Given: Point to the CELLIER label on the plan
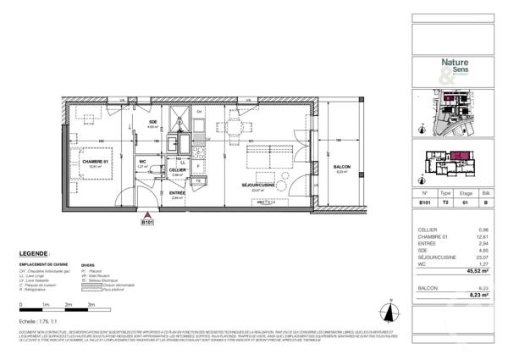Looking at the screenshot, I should point(178,169).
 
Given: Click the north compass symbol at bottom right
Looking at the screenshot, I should point(392,306).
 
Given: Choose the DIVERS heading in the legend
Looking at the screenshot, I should point(88,264).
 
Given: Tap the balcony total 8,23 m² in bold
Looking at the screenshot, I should point(483,296).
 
